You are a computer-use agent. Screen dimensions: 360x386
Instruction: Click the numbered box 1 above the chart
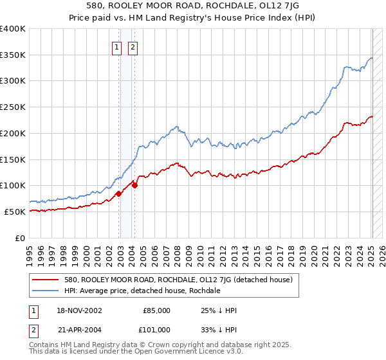pos(117,47)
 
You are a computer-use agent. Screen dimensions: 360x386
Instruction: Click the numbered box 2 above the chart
pos(133,47)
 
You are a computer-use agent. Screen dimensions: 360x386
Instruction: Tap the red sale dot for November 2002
pos(119,194)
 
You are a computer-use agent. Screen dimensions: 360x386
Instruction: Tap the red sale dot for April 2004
pos(135,185)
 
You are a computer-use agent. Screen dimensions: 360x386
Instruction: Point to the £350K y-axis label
pos(13,55)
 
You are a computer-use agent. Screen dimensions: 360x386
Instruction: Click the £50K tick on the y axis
pos(15,212)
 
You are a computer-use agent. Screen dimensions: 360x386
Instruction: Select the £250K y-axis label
pos(13,107)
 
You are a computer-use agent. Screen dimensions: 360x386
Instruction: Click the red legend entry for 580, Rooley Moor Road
pos(178,280)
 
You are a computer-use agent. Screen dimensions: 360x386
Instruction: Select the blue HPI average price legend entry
pos(142,291)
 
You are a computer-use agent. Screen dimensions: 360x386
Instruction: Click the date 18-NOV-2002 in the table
pos(80,310)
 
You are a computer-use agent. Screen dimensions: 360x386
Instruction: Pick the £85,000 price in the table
pos(156,310)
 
